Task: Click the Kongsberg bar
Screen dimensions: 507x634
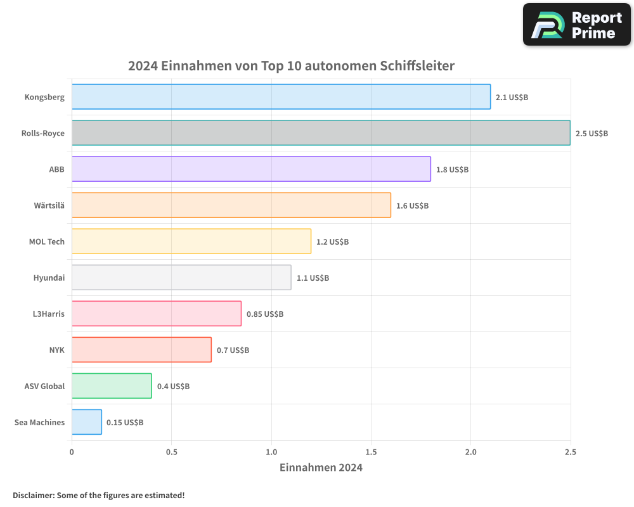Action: click(281, 97)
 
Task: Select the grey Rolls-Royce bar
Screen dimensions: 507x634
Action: click(321, 133)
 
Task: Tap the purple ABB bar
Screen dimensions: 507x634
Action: click(251, 169)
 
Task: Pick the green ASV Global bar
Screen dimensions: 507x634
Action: click(112, 386)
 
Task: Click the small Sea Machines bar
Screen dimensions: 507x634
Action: click(87, 422)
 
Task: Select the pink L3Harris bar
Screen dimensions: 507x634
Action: click(157, 314)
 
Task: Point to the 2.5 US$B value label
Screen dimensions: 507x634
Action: click(592, 133)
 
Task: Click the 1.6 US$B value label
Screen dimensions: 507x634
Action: click(412, 205)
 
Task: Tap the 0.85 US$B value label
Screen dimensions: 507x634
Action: click(264, 314)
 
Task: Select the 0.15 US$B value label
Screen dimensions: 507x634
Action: click(125, 422)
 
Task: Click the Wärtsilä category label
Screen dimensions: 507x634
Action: click(49, 205)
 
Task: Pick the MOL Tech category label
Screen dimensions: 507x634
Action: click(47, 241)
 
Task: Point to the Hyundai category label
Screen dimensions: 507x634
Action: click(49, 278)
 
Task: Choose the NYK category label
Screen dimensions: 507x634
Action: click(57, 350)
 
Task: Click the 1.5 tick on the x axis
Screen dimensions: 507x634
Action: click(371, 452)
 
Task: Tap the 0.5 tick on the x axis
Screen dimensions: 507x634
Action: click(171, 452)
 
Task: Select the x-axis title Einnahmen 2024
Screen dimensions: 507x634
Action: click(321, 468)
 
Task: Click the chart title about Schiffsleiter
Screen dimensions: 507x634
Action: click(291, 65)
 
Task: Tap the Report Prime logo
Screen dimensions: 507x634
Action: click(577, 25)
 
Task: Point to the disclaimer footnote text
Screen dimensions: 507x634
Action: click(99, 495)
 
